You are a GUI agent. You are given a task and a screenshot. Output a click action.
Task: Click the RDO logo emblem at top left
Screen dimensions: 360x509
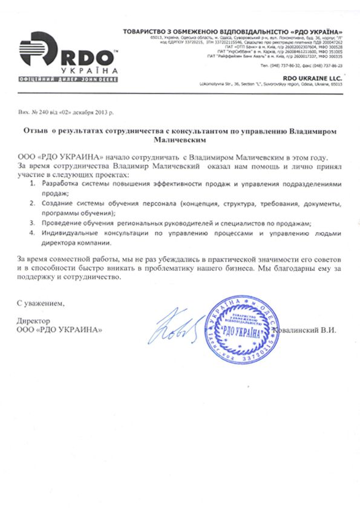point(38,51)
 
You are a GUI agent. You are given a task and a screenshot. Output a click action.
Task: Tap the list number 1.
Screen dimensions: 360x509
point(33,184)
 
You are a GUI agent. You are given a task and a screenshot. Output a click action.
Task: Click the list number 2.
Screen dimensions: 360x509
point(33,203)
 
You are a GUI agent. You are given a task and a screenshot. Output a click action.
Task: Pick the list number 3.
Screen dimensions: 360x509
point(33,223)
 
